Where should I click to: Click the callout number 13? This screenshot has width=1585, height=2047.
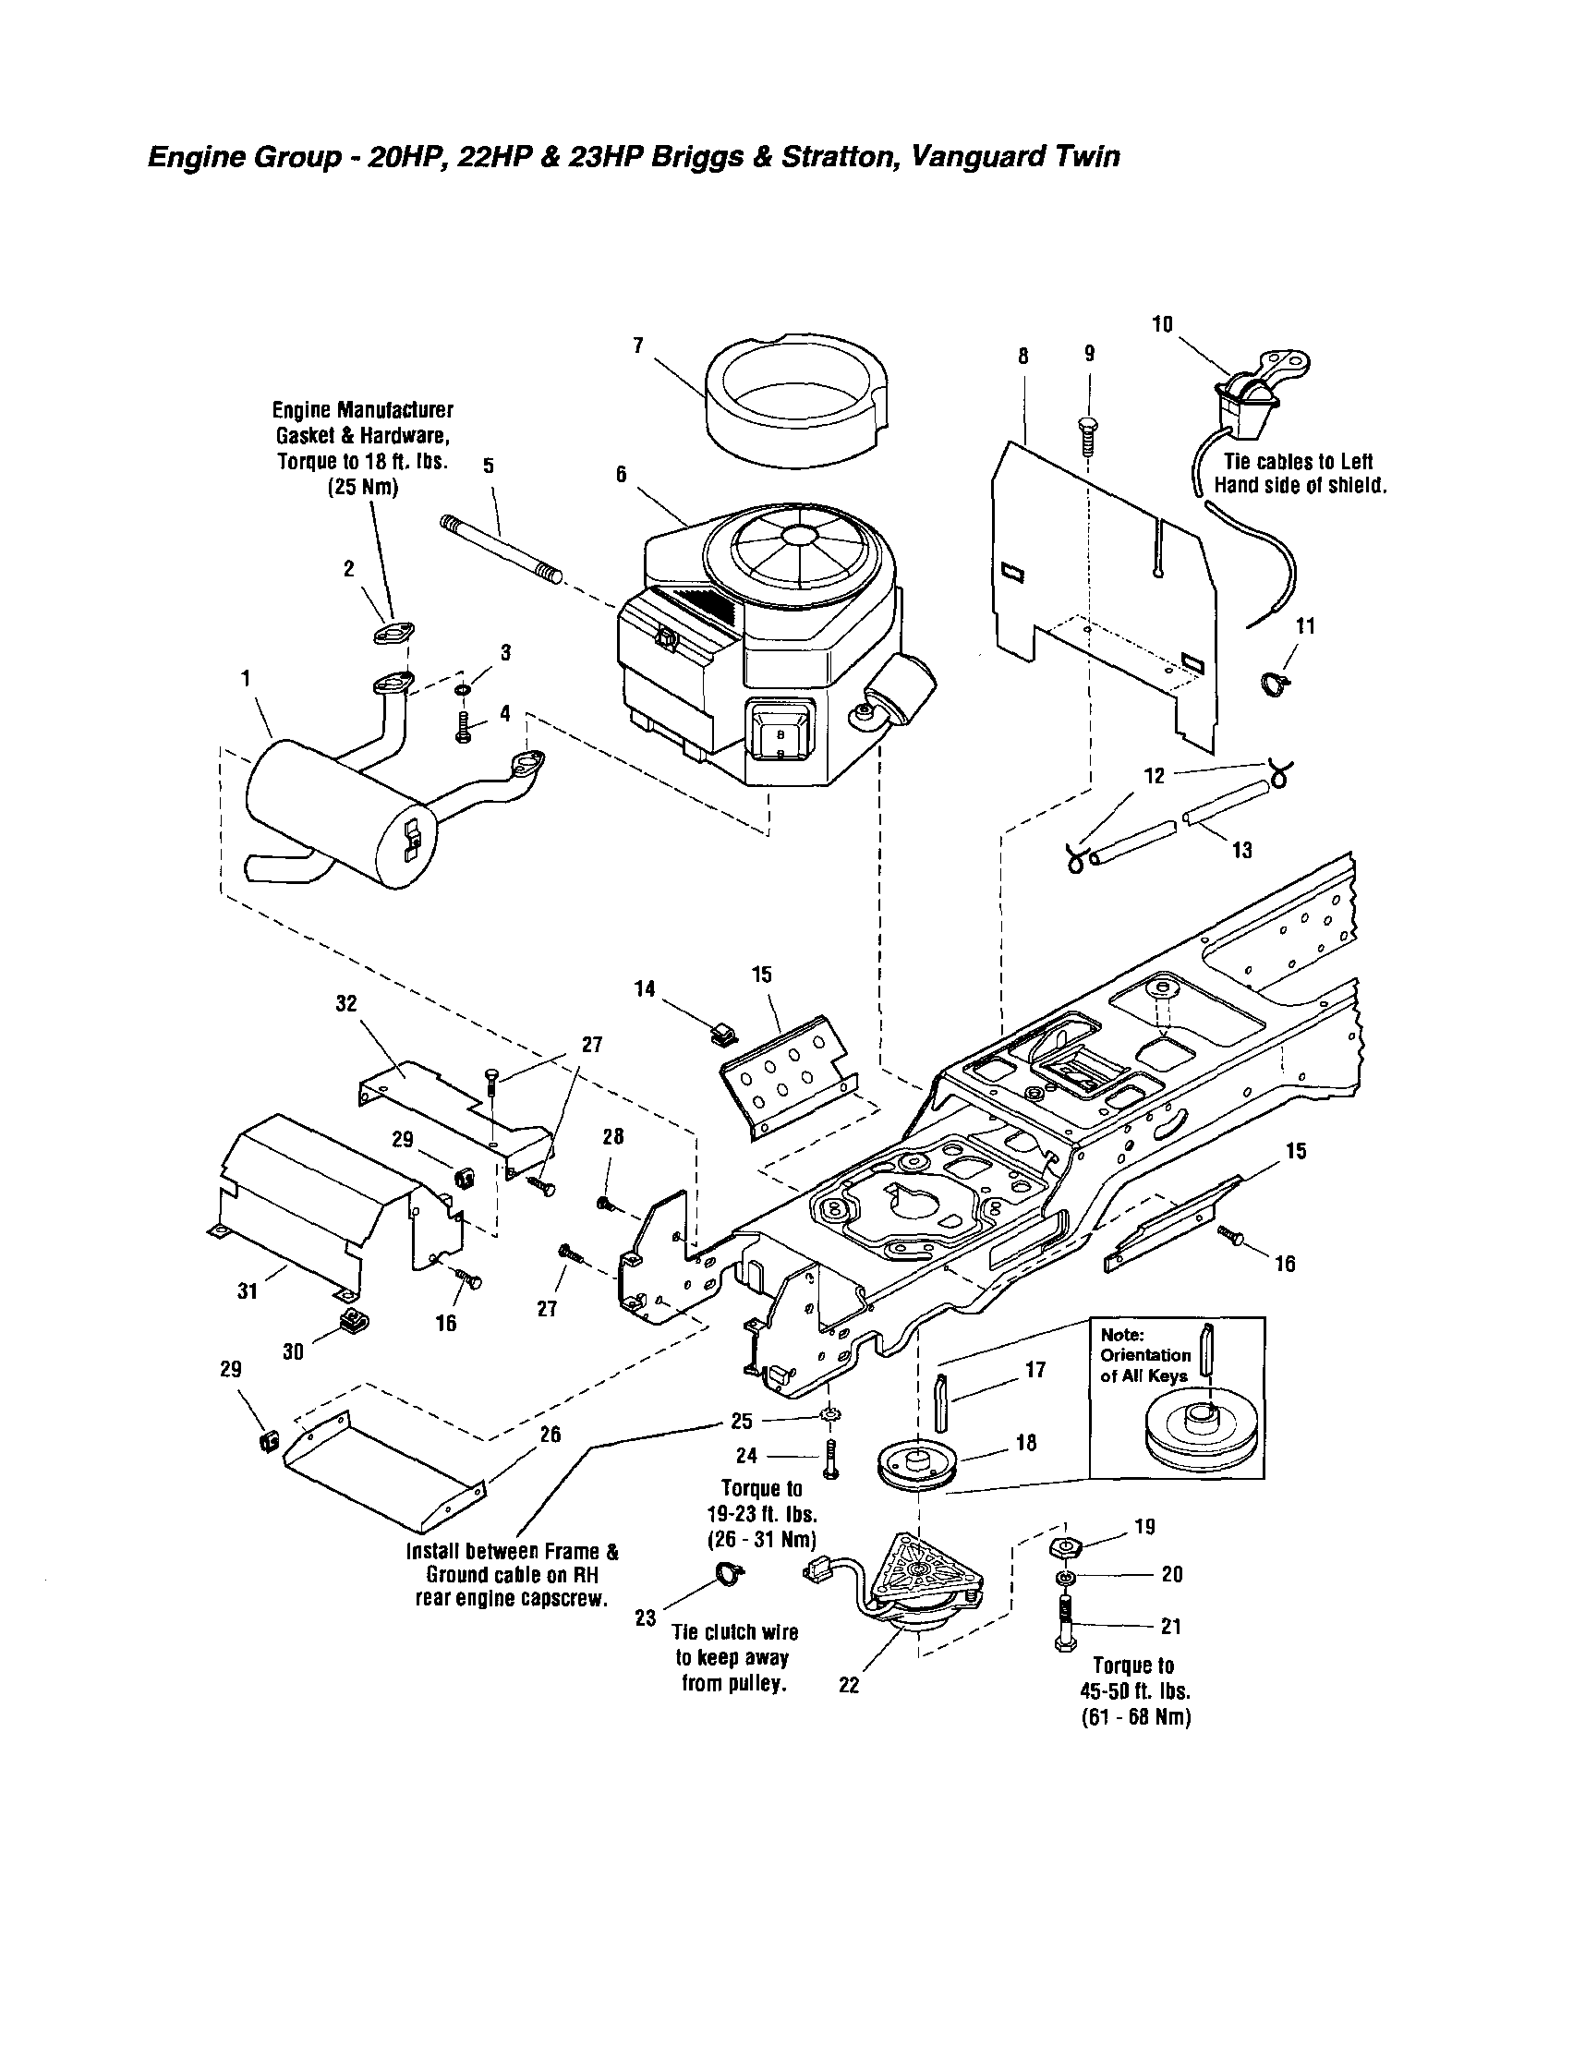[1242, 850]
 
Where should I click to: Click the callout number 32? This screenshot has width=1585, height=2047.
[345, 1003]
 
